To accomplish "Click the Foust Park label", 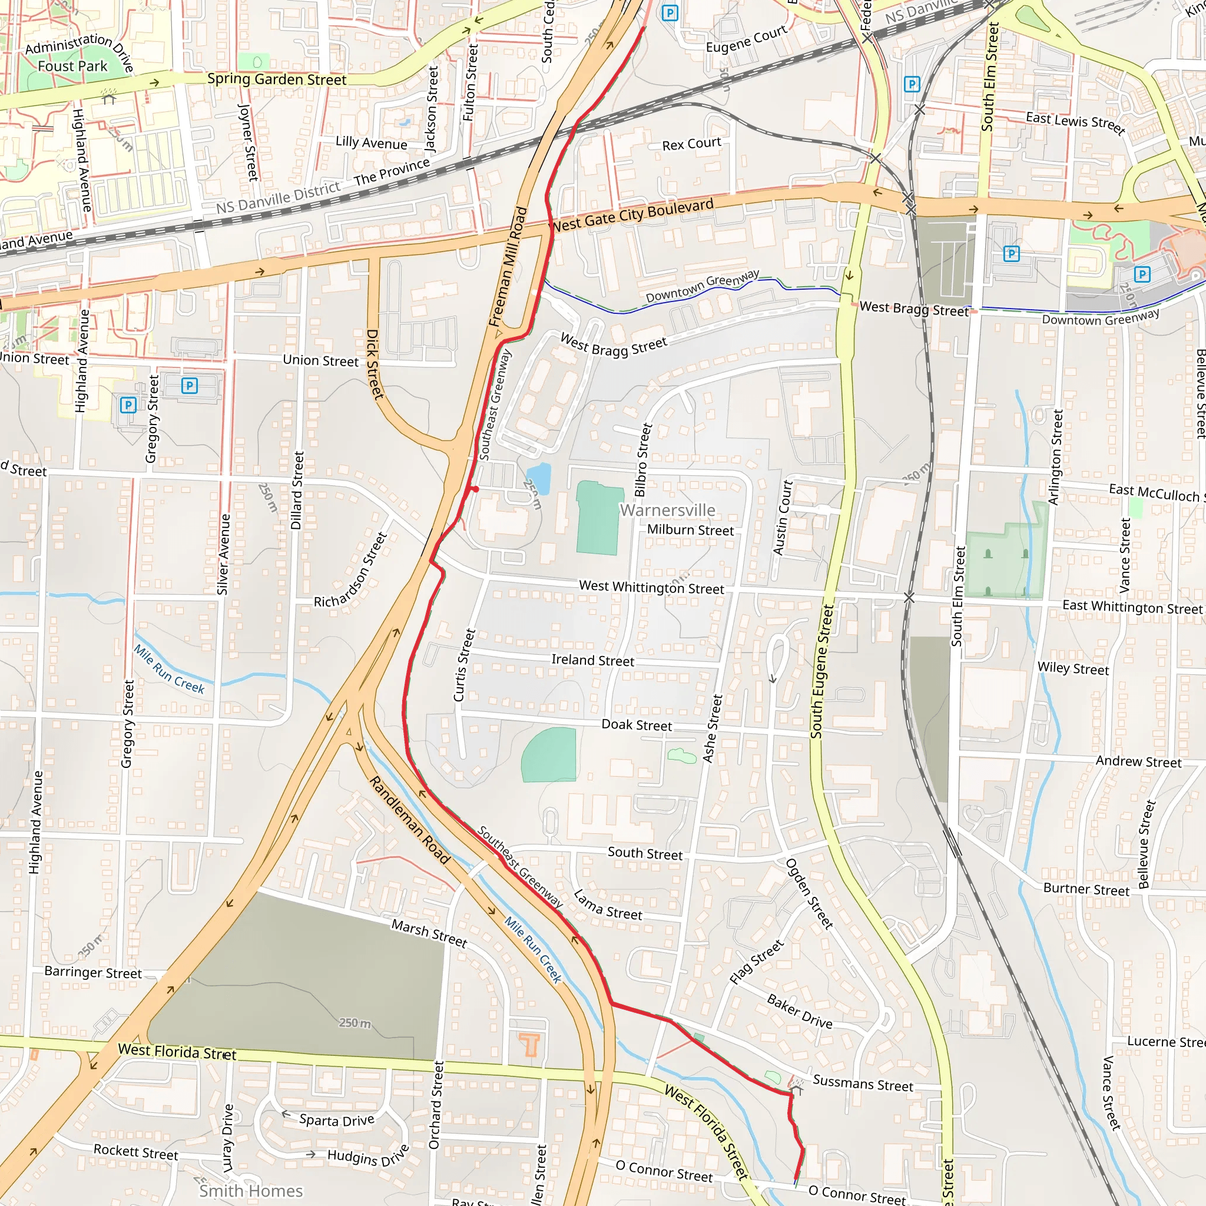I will pyautogui.click(x=72, y=66).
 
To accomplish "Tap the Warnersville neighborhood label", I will pyautogui.click(x=667, y=510).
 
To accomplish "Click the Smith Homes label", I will pyautogui.click(x=251, y=1191).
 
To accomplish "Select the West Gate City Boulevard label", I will pyautogui.click(x=632, y=216).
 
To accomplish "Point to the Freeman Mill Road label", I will pyautogui.click(x=508, y=267).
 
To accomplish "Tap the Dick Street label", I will pyautogui.click(x=375, y=364).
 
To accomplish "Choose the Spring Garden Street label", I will pyautogui.click(x=277, y=79).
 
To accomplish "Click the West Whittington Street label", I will pyautogui.click(x=651, y=587).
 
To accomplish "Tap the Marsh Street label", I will pyautogui.click(x=429, y=933).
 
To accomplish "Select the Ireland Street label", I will pyautogui.click(x=592, y=661).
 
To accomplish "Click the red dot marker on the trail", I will pyautogui.click(x=475, y=489).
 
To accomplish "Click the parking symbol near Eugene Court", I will pyautogui.click(x=670, y=13).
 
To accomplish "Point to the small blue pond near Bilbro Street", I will pyautogui.click(x=539, y=477).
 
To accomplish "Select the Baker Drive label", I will pyautogui.click(x=799, y=1012).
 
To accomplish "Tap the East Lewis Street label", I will pyautogui.click(x=1075, y=122).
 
